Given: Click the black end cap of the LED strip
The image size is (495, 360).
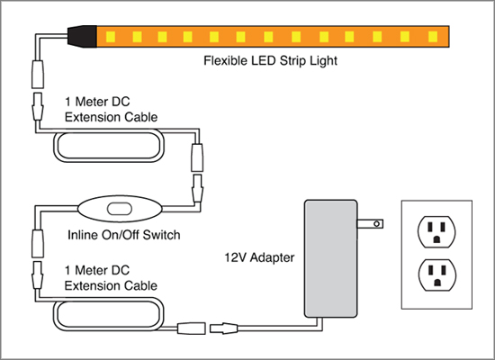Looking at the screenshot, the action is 83,37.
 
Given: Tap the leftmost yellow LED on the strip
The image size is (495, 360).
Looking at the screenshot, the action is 111,37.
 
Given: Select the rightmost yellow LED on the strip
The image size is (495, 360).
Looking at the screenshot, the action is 433,37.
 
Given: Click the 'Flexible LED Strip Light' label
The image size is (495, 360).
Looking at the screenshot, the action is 271,60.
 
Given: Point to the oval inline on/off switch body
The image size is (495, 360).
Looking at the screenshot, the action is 120,209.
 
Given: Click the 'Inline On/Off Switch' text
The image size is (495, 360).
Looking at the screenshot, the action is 124,235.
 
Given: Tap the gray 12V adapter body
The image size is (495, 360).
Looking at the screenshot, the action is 330,258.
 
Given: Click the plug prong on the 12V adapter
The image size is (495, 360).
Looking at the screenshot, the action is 370,224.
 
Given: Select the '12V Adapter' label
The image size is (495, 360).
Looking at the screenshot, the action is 259,257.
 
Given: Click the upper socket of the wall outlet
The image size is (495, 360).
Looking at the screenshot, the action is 436,232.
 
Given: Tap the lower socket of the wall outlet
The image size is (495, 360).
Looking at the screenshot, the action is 436,275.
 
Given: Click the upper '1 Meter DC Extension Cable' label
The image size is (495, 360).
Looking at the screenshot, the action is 111,110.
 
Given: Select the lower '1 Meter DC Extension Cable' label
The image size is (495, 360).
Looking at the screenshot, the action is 111,278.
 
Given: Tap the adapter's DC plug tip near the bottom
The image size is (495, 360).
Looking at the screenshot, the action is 223,328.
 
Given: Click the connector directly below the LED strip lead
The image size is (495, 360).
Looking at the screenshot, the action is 38,74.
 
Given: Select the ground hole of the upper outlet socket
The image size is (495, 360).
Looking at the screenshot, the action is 436,239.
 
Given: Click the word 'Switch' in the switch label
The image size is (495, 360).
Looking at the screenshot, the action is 161,235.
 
